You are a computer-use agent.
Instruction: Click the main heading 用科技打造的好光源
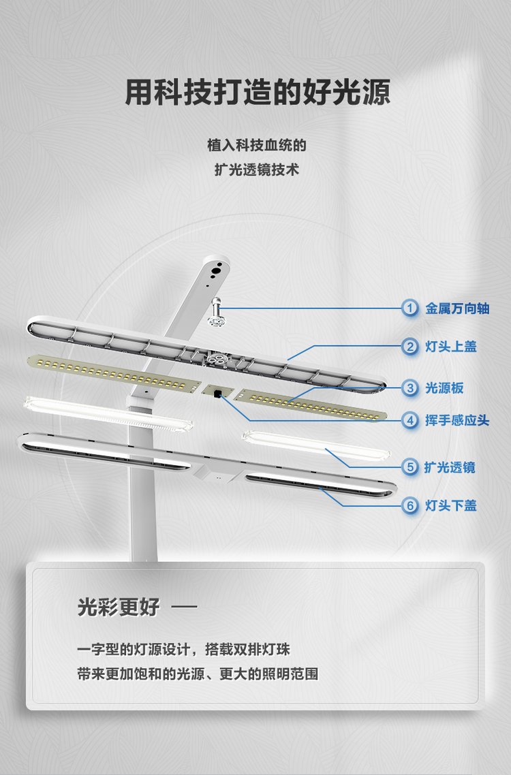tap(258, 92)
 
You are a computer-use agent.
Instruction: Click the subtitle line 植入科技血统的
tap(257, 145)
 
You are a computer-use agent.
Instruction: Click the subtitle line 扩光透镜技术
tap(257, 170)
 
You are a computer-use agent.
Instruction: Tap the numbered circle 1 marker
tap(409, 309)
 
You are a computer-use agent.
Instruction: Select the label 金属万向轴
tap(458, 309)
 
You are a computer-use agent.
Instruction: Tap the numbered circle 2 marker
tap(409, 347)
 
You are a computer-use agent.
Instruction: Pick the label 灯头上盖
tap(451, 347)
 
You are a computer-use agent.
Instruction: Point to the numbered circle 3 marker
tap(409, 388)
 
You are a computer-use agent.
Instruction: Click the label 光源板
tap(445, 388)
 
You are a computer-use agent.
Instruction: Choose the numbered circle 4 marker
tap(409, 421)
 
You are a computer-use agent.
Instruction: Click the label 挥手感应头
tap(458, 421)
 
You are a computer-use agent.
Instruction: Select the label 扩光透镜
tap(450, 467)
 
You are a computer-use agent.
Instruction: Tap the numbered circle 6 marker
tap(409, 505)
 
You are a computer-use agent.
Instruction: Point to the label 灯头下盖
tap(451, 505)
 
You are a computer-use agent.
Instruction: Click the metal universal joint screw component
tap(216, 313)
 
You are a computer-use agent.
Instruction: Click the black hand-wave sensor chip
tap(217, 394)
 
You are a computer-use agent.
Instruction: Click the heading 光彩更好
tap(119, 607)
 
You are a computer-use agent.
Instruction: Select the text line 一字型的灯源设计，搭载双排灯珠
tap(183, 649)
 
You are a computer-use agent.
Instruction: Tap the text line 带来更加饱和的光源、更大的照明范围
tap(198, 674)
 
